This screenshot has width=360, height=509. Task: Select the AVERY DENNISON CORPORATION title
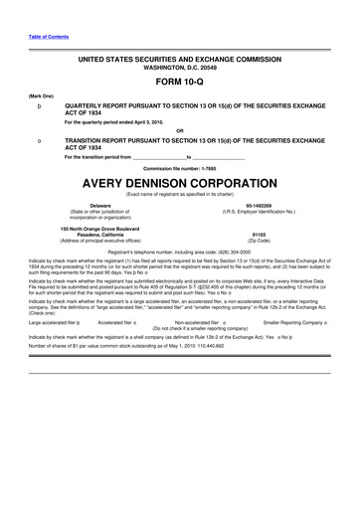coord(179,182)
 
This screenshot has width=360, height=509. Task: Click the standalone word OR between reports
coord(179,130)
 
